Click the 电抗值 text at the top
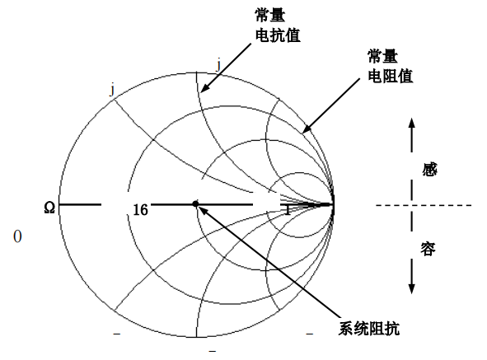[x=278, y=35]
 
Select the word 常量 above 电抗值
[x=270, y=15]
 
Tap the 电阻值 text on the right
[x=390, y=76]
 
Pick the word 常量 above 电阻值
[x=382, y=56]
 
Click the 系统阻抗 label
[x=368, y=329]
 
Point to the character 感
[x=429, y=170]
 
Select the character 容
[x=428, y=249]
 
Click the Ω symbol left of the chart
[x=49, y=208]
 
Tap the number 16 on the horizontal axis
[x=140, y=210]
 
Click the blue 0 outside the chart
[x=17, y=236]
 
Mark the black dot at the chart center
[x=195, y=203]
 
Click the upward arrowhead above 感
[x=411, y=123]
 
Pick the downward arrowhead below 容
[x=411, y=289]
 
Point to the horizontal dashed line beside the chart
[x=424, y=205]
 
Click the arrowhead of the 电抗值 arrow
[x=204, y=88]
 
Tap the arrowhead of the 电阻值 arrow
[x=306, y=129]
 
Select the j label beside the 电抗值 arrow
[x=218, y=66]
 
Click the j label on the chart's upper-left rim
[x=112, y=91]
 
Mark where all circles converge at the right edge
[x=333, y=204]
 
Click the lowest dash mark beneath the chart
[x=212, y=351]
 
